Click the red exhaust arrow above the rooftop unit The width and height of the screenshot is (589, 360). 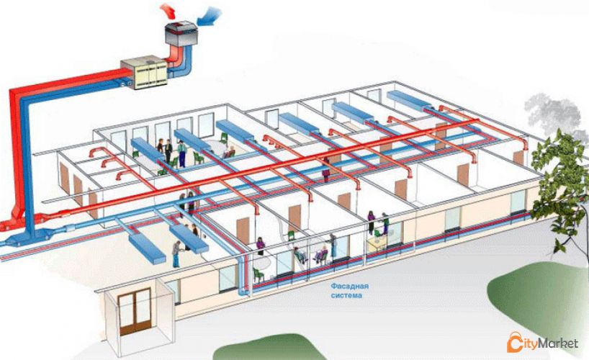(x=168, y=11)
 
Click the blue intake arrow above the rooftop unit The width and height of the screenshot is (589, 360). (x=210, y=17)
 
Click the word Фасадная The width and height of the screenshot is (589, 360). (x=350, y=287)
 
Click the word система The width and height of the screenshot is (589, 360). (x=347, y=295)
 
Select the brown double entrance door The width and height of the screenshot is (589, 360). (x=135, y=312)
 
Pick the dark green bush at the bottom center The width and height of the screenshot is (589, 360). (x=268, y=348)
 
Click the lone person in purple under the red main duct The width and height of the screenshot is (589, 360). (x=325, y=170)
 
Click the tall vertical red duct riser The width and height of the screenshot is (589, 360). (x=16, y=158)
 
